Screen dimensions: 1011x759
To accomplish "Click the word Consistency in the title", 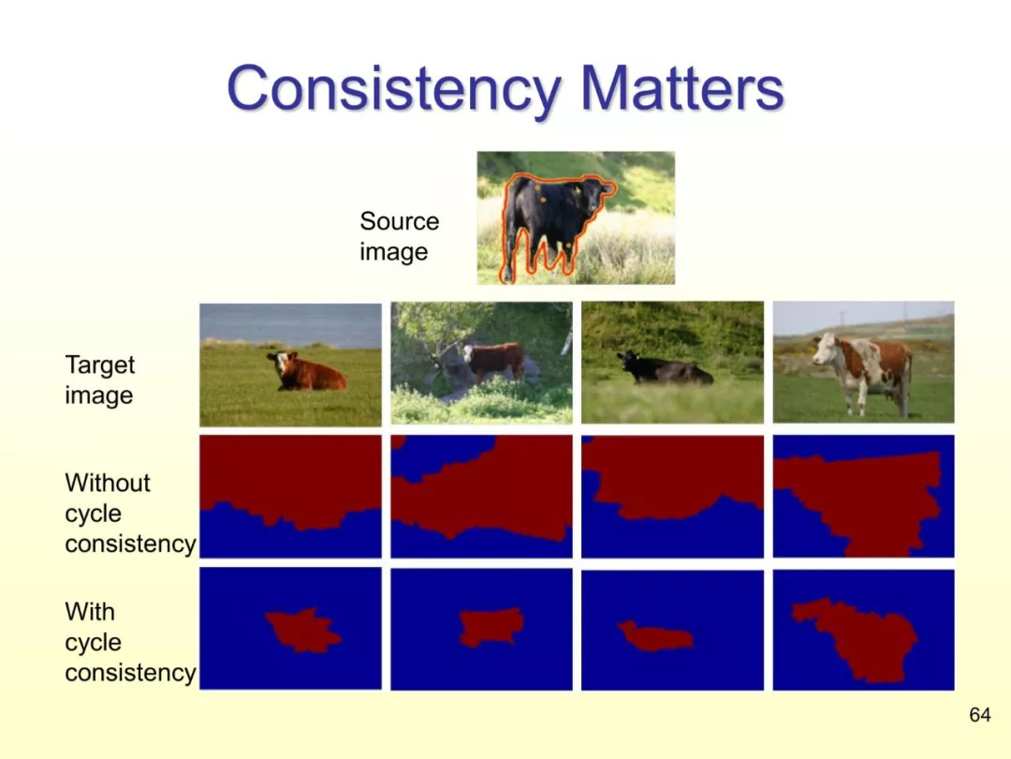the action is tap(394, 89).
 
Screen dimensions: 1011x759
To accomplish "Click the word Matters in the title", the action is tap(682, 88).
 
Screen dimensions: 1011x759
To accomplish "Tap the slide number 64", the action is tap(979, 714).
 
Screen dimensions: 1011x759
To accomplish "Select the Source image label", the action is tap(399, 236).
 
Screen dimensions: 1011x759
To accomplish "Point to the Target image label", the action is tap(100, 379).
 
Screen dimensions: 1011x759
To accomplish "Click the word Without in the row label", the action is tap(108, 483).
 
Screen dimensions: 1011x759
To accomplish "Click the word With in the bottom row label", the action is tap(90, 611).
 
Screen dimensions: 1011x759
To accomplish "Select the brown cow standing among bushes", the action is tap(494, 362).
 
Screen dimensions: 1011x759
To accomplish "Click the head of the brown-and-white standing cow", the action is tap(826, 350).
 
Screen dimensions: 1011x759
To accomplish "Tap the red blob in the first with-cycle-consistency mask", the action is tap(301, 631).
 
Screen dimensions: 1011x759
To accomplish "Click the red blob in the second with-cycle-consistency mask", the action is tap(491, 627).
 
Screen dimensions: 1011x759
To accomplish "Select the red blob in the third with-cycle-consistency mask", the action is tap(655, 636).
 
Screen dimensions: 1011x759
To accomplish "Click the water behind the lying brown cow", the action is tap(290, 324).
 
